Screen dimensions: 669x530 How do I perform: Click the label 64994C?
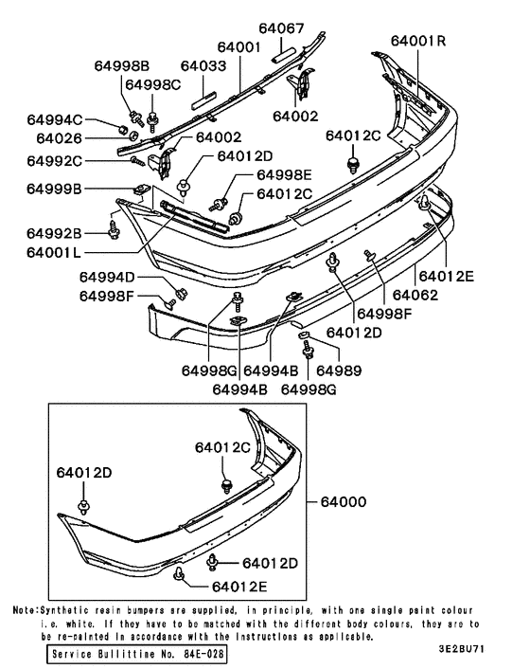click(x=54, y=119)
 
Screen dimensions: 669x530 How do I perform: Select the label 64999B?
click(x=54, y=189)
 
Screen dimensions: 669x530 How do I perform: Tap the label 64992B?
click(x=54, y=233)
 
